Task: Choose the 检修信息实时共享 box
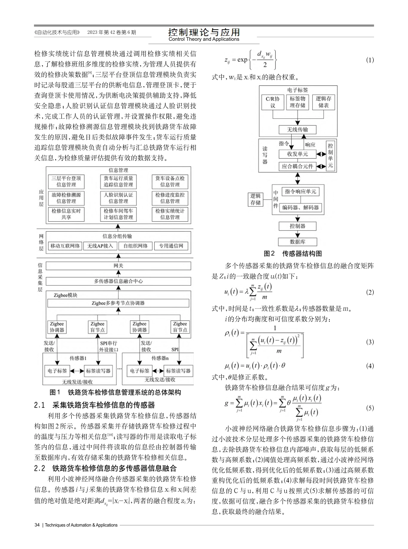point(66,214)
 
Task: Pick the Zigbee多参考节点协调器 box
point(118,303)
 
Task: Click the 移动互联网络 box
point(65,246)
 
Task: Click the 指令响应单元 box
point(301,192)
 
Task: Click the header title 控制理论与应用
point(204,32)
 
